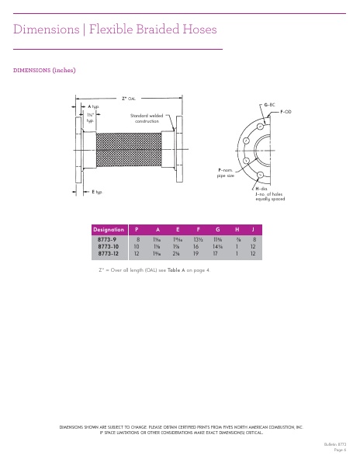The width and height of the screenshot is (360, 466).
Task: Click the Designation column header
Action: click(109, 230)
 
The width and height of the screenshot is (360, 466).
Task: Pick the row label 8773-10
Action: click(108, 247)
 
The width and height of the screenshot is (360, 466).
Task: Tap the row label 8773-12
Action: click(108, 254)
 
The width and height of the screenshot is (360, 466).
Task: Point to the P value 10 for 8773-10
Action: click(137, 247)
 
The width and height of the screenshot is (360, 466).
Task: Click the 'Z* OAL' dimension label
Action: click(128, 99)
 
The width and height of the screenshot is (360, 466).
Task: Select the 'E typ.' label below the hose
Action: click(97, 191)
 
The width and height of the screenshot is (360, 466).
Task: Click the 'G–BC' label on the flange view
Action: click(270, 104)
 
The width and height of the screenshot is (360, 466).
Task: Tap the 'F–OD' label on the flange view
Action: click(286, 113)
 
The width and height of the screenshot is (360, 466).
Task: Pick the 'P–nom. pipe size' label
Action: click(226, 172)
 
